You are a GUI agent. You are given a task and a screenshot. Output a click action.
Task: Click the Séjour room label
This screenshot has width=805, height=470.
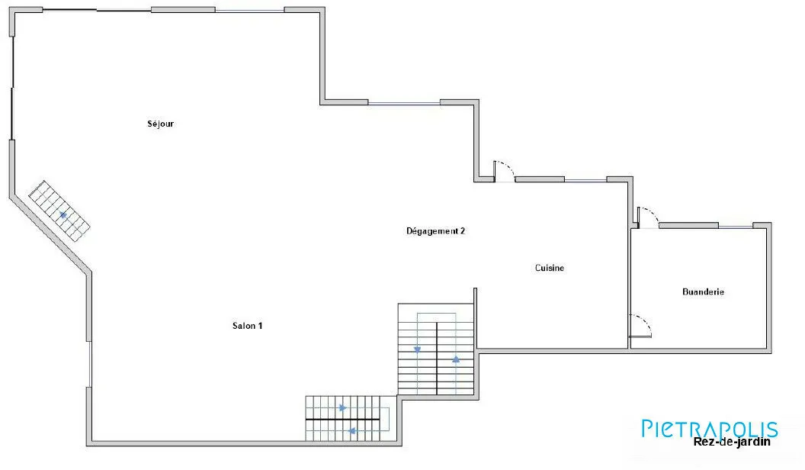pyautogui.click(x=161, y=124)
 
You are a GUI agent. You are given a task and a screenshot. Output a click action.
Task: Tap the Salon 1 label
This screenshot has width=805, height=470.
pyautogui.click(x=248, y=326)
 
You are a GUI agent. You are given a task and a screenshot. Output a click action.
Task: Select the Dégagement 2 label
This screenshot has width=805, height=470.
pyautogui.click(x=436, y=231)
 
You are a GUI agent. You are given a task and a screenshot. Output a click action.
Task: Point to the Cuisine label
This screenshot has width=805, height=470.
pyautogui.click(x=550, y=268)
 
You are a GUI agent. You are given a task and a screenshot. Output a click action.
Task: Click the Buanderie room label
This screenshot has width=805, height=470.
pyautogui.click(x=704, y=291)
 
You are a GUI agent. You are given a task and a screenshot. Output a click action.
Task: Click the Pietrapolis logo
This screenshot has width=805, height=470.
pyautogui.click(x=710, y=428)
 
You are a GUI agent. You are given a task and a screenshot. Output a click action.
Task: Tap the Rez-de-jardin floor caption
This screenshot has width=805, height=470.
pyautogui.click(x=732, y=442)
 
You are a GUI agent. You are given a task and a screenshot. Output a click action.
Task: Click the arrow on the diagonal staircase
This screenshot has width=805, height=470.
pyautogui.click(x=63, y=214)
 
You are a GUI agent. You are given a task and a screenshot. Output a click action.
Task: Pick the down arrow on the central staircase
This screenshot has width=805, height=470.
pyautogui.click(x=418, y=349)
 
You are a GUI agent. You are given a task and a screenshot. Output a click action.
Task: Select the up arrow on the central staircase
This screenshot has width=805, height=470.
pyautogui.click(x=456, y=359)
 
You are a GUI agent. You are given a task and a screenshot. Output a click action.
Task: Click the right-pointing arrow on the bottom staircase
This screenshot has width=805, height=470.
pyautogui.click(x=343, y=408)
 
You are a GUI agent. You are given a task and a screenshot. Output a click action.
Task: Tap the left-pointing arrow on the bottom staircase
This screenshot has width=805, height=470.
pyautogui.click(x=352, y=431)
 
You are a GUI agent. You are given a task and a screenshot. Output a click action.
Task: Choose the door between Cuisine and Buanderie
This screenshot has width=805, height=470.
pyautogui.click(x=640, y=326)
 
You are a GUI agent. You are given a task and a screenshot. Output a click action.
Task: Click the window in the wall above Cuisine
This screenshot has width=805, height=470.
pyautogui.click(x=585, y=180)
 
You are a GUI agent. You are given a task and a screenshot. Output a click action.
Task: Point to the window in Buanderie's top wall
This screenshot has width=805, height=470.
pyautogui.click(x=736, y=226)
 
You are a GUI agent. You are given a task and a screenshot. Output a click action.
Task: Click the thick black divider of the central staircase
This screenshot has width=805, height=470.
pyautogui.click(x=437, y=359)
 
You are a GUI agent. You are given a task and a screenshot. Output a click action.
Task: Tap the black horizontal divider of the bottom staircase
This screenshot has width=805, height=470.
pyautogui.click(x=342, y=419)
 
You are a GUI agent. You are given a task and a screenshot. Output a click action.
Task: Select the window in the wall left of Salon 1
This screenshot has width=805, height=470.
pyautogui.click(x=90, y=364)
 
